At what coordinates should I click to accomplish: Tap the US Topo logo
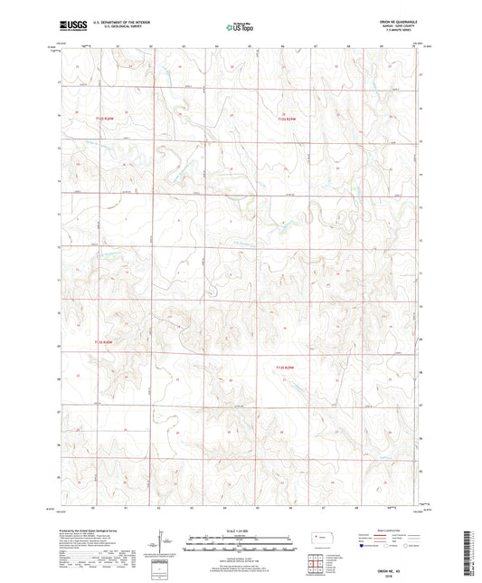(240, 28)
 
